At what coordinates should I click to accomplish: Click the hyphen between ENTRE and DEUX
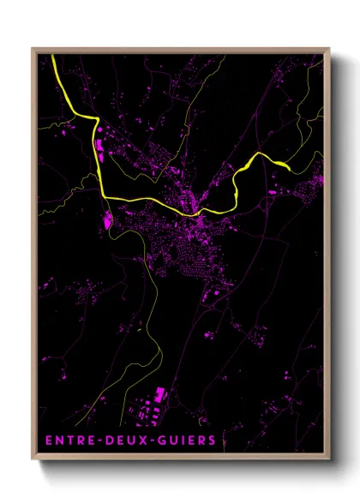[97, 440]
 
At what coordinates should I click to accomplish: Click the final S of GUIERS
[213, 440]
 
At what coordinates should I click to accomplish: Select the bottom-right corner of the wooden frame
[328, 461]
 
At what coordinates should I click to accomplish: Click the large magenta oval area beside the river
[108, 220]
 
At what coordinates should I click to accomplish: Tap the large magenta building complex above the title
[159, 397]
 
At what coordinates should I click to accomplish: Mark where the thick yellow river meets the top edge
[52, 56]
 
